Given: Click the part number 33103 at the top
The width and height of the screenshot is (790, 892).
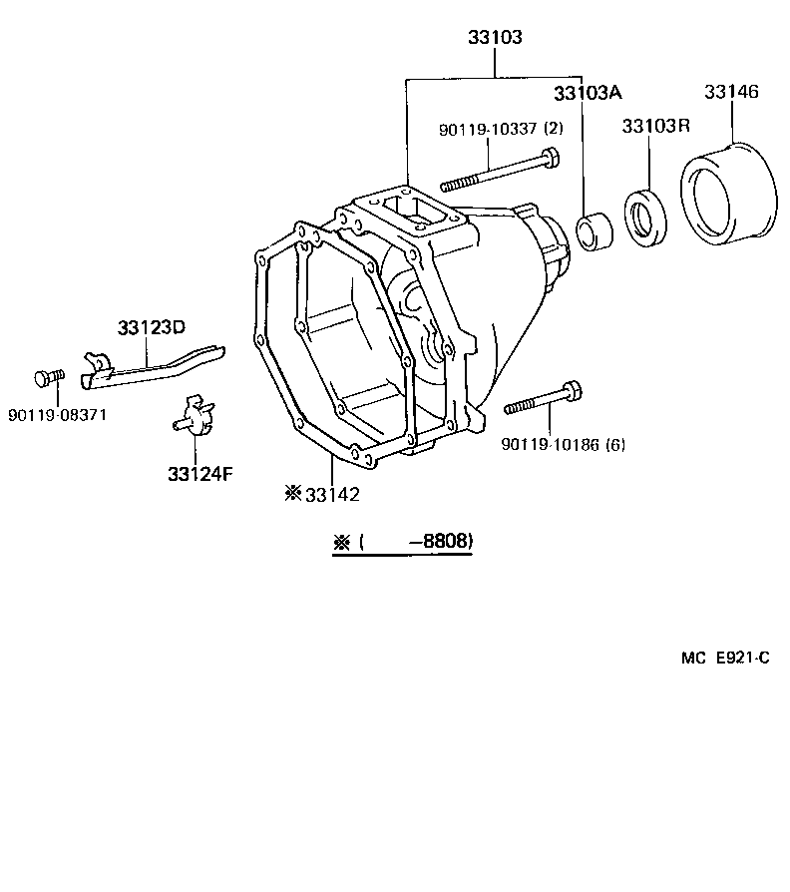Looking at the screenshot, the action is (x=495, y=37).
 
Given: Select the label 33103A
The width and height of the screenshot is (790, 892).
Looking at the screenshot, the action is (x=589, y=93).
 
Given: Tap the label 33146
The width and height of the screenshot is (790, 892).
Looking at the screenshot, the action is (x=731, y=91).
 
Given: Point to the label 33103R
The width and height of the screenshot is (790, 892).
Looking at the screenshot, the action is (x=655, y=125).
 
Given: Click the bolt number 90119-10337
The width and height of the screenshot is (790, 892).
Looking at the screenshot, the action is (x=488, y=129).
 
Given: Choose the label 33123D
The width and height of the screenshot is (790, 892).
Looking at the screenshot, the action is (x=152, y=327).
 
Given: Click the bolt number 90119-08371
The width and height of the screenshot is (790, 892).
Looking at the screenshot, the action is (x=57, y=415).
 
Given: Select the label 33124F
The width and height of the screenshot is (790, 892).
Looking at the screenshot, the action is (x=200, y=473).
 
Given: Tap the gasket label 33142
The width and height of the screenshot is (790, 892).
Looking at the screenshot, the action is (x=332, y=494).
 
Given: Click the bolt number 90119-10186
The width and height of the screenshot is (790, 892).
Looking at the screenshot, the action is (x=551, y=444).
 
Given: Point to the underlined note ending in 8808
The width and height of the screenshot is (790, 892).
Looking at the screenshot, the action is (x=403, y=542).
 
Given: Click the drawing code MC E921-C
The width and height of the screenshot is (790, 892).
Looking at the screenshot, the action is (x=725, y=659).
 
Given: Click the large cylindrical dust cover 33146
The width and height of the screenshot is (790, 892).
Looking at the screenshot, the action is (x=729, y=194).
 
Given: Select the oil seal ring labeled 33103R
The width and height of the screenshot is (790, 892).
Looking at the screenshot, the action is (x=646, y=218).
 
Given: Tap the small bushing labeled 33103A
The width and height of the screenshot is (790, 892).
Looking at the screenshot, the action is (x=594, y=230).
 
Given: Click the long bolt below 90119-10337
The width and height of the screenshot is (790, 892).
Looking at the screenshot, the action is (x=500, y=169).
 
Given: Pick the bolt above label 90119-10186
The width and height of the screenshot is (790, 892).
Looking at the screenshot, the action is (x=544, y=398).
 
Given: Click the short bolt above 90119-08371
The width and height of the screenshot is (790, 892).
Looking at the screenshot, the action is (x=50, y=378).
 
